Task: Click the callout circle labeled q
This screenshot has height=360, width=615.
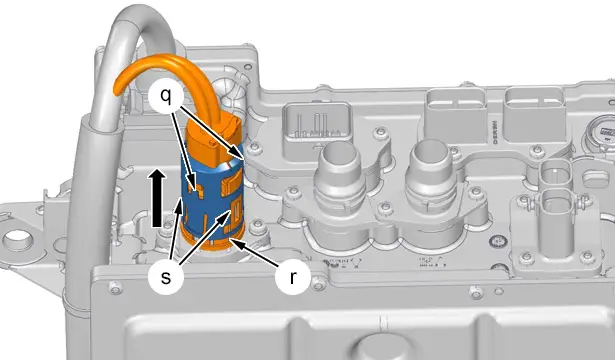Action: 166,96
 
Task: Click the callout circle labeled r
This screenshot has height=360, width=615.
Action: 293,277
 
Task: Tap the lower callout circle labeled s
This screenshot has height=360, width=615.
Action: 166,277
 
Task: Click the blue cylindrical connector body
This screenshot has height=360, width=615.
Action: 212,196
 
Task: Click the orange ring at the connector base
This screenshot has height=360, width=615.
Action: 214,241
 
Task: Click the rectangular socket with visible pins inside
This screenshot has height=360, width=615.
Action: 317,125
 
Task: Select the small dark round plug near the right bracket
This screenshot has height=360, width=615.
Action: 498,241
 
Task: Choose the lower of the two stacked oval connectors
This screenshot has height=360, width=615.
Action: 555,204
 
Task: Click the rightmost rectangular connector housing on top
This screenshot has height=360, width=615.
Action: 535,114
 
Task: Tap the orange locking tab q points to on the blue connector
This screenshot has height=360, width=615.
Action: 196,191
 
